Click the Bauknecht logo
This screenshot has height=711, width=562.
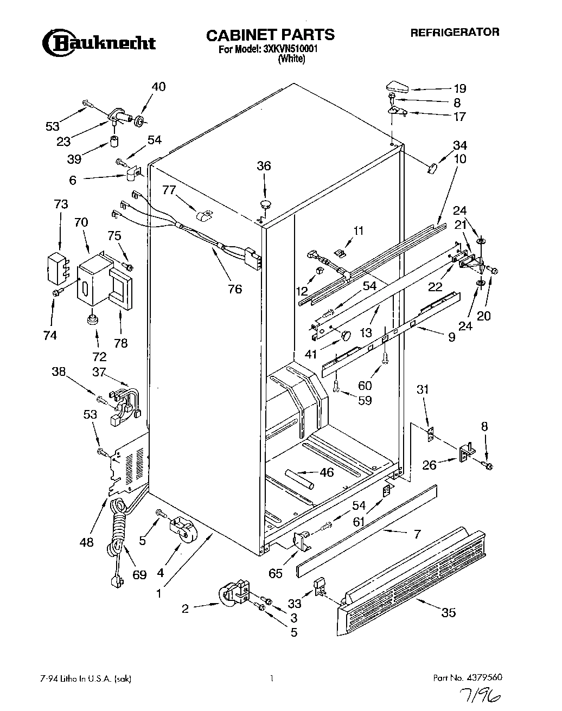[99, 43]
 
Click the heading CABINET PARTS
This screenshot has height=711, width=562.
[270, 35]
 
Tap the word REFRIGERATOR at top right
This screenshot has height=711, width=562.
[454, 32]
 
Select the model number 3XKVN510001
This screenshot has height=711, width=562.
[290, 48]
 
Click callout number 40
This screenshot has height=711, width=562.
[158, 87]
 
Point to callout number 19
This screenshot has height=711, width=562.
[459, 88]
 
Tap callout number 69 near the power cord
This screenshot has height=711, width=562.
[139, 574]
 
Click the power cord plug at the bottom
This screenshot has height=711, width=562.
[116, 582]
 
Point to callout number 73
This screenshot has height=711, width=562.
[61, 204]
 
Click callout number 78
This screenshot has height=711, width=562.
[120, 343]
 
